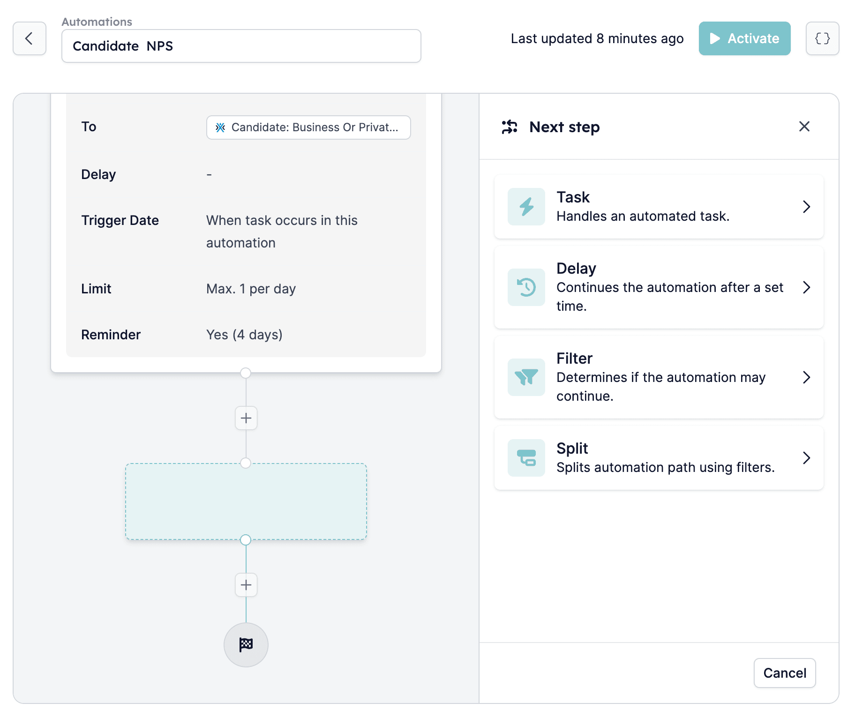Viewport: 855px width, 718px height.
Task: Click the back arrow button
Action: point(30,38)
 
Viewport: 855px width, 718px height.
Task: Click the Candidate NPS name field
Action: point(241,46)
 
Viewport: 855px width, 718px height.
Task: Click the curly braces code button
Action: point(822,38)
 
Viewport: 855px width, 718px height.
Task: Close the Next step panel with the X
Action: point(804,127)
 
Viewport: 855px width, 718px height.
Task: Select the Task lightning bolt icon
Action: point(526,207)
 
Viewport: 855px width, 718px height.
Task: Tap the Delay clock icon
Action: point(526,287)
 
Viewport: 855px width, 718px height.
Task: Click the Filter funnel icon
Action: point(526,377)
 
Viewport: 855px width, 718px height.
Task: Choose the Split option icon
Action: point(526,458)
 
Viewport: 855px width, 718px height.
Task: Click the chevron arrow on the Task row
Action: point(806,207)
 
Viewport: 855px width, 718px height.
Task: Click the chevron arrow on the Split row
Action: point(806,458)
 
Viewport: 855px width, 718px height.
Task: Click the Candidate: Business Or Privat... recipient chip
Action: point(308,127)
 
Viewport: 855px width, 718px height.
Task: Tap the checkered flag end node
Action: point(246,645)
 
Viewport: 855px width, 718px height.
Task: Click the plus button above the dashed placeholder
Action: point(246,418)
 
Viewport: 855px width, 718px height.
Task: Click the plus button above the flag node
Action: point(246,585)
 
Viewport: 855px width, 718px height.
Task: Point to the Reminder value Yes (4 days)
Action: point(244,335)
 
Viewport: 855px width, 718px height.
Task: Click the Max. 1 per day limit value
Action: point(251,289)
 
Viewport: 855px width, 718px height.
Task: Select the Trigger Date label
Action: point(120,220)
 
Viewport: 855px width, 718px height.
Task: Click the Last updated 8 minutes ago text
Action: point(597,38)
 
